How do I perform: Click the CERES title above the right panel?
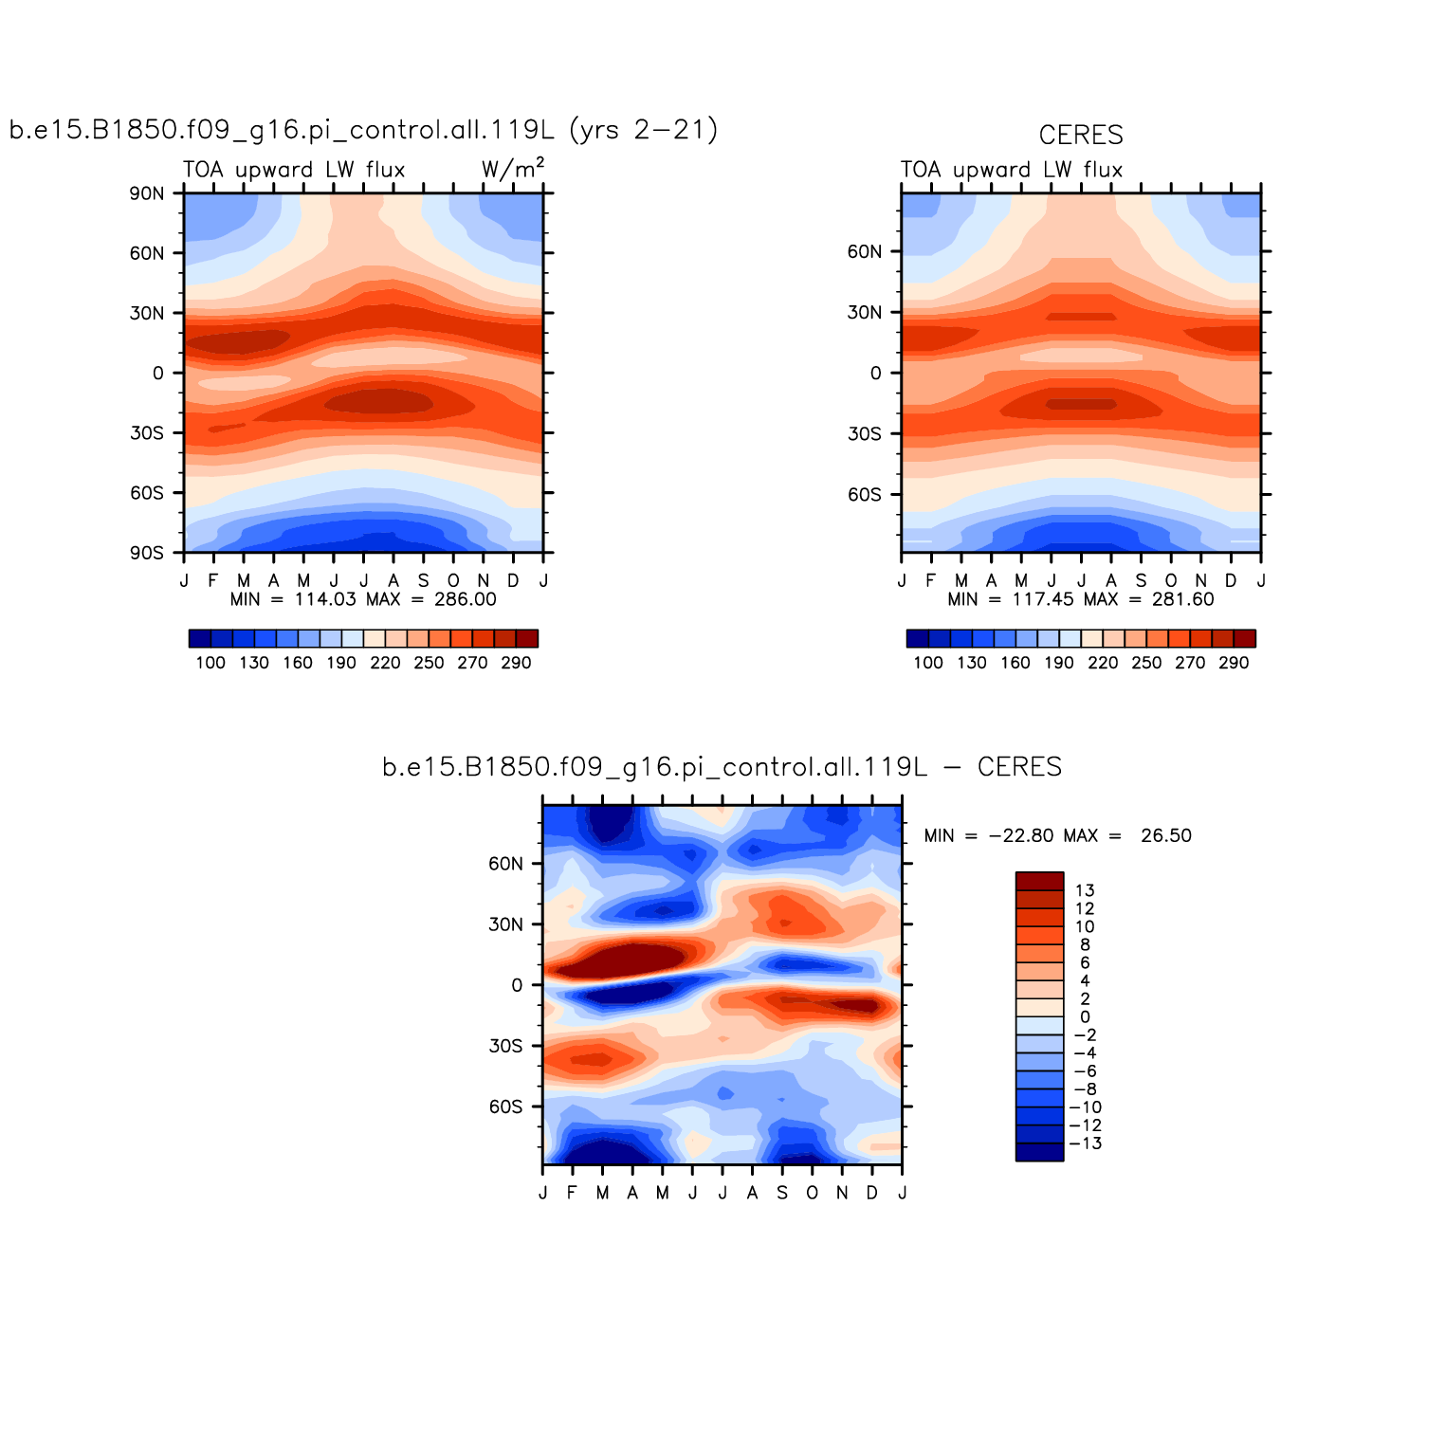pyautogui.click(x=1080, y=136)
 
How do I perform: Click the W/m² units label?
pyautogui.click(x=512, y=169)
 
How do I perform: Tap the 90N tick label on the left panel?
pyautogui.click(x=147, y=193)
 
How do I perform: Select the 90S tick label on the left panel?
pyautogui.click(x=147, y=553)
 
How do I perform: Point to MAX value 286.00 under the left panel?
pyautogui.click(x=465, y=599)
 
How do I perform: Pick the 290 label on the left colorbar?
pyautogui.click(x=516, y=663)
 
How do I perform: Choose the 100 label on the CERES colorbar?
pyautogui.click(x=928, y=663)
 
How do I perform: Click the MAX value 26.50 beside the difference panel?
pyautogui.click(x=1166, y=835)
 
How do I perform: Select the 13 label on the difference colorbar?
pyautogui.click(x=1085, y=890)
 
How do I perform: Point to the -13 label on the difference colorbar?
pyautogui.click(x=1086, y=1143)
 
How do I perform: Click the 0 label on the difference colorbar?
pyautogui.click(x=1085, y=1017)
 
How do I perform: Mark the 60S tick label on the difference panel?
pyautogui.click(x=505, y=1107)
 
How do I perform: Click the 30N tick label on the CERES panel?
pyautogui.click(x=865, y=313)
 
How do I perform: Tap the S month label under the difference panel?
pyautogui.click(x=782, y=1193)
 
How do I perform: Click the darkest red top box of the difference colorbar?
pyautogui.click(x=1039, y=881)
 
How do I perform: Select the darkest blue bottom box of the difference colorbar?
pyautogui.click(x=1039, y=1152)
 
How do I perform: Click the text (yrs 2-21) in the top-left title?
pyautogui.click(x=644, y=130)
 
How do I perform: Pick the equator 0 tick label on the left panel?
pyautogui.click(x=157, y=374)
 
